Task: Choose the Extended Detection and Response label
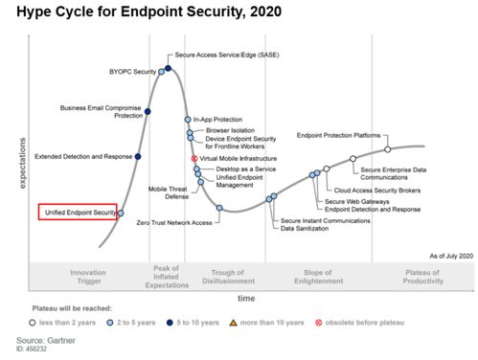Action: pyautogui.click(x=82, y=155)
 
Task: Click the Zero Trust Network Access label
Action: pyautogui.click(x=174, y=222)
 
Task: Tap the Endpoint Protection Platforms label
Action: pyautogui.click(x=339, y=136)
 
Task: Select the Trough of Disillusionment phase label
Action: pyautogui.click(x=229, y=277)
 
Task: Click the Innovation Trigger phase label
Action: pyautogui.click(x=88, y=277)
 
